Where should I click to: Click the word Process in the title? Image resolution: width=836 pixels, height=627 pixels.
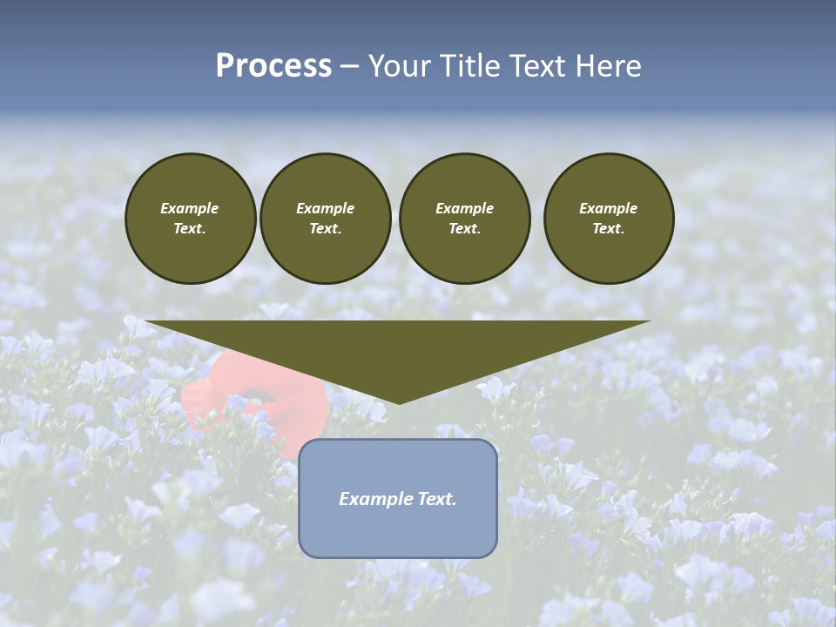[273, 66]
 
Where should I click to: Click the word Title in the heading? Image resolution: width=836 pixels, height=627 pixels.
[469, 66]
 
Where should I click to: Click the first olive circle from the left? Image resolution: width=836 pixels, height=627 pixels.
[190, 218]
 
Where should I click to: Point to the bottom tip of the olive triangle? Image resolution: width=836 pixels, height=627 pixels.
[399, 402]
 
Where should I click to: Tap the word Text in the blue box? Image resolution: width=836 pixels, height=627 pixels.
[436, 499]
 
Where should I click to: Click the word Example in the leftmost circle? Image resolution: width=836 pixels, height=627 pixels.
[190, 208]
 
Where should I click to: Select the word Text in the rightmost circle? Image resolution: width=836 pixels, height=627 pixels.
[609, 228]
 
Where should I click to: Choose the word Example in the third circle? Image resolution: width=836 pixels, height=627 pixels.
[464, 208]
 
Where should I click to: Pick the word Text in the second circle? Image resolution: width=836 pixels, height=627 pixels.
[325, 228]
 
